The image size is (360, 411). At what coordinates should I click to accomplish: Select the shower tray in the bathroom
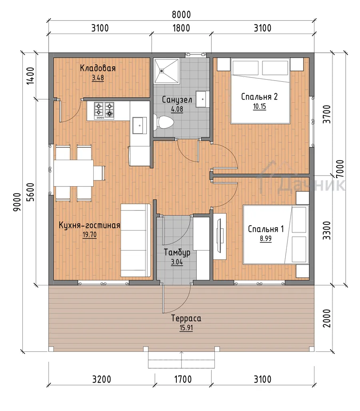coord(167,71)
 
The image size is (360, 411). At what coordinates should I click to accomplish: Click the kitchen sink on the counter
coord(140,126)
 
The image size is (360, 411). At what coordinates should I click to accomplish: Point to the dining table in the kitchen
coord(74,173)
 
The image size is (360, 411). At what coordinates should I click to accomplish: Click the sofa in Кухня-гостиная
coord(136,240)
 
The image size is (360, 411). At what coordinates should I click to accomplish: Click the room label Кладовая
coord(98,68)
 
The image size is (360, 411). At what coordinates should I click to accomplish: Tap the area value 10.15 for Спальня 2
coord(259,106)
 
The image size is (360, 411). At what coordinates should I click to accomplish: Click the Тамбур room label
coord(177,253)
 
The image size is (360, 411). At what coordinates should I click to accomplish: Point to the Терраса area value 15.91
coord(186,328)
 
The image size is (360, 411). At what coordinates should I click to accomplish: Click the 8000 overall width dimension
coord(181,15)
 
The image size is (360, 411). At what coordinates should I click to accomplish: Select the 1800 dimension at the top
coord(181,28)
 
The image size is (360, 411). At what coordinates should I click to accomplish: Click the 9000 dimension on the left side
coord(17,202)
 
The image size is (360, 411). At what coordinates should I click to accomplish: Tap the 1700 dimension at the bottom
coord(183,379)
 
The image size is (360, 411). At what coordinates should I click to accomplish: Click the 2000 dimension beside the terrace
coord(326,318)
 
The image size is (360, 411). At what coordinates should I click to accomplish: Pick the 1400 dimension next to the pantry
coord(30,76)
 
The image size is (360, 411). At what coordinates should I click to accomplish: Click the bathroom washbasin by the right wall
coord(202,99)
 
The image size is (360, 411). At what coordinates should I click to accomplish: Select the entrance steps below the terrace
coord(181,360)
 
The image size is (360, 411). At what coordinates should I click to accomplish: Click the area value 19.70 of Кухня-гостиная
coord(90,235)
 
